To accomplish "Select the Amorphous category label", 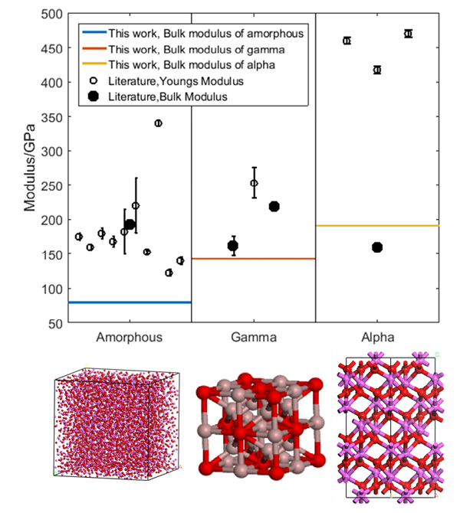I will click(x=128, y=337).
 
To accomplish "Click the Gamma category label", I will click(x=253, y=337).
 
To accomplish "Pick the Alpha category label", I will click(x=377, y=337).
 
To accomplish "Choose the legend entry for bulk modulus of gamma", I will click(x=196, y=49).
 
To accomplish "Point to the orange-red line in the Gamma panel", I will click(x=253, y=259).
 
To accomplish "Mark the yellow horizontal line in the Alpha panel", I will click(x=377, y=226).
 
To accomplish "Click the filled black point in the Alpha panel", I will click(x=377, y=247).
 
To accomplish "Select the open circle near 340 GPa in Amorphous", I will click(x=158, y=123).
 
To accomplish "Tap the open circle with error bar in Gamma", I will click(x=254, y=183).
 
